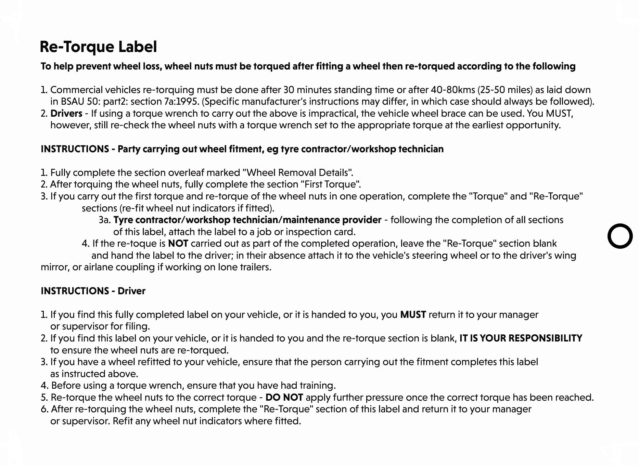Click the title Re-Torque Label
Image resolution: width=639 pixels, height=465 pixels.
(x=98, y=47)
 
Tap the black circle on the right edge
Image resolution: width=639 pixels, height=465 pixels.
(x=620, y=236)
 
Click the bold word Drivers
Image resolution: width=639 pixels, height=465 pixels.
(x=66, y=114)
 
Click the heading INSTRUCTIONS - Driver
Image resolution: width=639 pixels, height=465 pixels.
(x=93, y=291)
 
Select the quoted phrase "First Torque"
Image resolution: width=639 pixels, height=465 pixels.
(x=330, y=184)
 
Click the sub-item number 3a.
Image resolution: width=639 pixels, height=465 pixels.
(x=104, y=220)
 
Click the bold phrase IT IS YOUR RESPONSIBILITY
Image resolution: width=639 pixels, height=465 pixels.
(x=521, y=338)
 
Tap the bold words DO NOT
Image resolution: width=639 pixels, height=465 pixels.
(x=284, y=398)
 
